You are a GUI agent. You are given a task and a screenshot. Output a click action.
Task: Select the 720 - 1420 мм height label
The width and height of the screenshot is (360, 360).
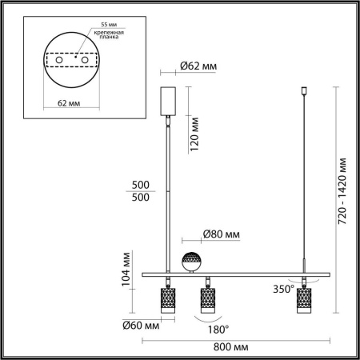point(342,190)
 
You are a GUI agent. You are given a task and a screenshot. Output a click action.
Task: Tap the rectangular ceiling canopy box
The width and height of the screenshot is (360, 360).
point(168,101)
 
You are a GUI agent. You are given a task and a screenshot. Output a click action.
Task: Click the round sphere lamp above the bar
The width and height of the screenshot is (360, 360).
point(192,261)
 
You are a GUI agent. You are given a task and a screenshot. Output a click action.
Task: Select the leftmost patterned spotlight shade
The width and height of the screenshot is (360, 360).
point(167,301)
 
